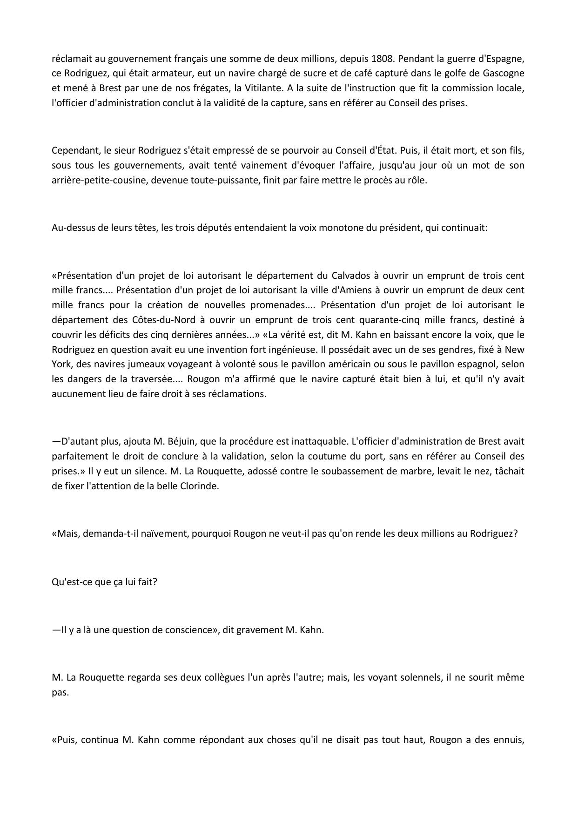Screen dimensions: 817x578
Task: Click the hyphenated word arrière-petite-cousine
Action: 99,180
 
